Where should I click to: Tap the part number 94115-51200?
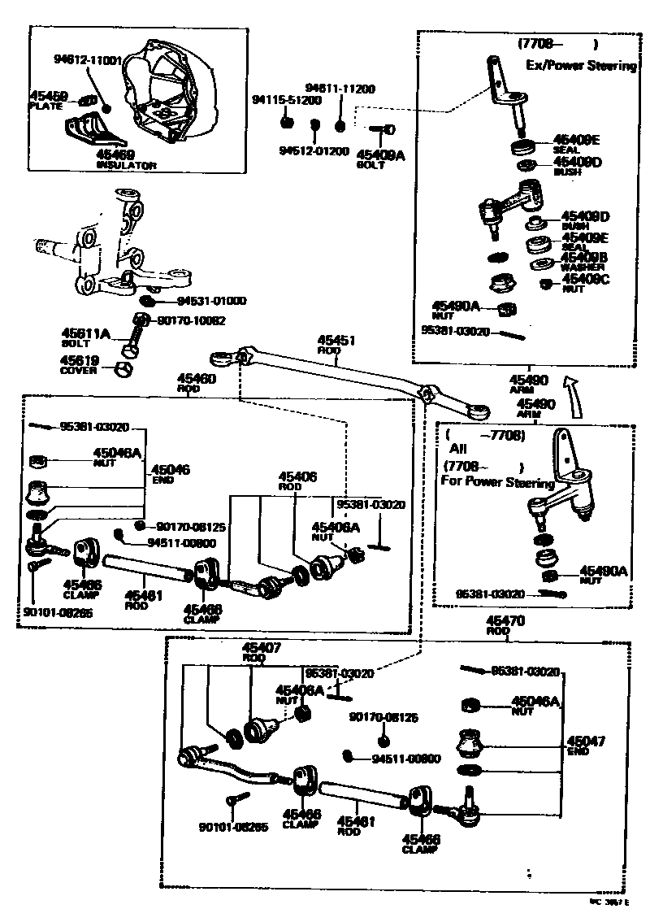[x=286, y=100]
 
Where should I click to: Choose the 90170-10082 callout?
[x=190, y=320]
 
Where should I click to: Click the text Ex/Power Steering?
[x=580, y=66]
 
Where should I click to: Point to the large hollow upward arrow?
[x=575, y=395]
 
